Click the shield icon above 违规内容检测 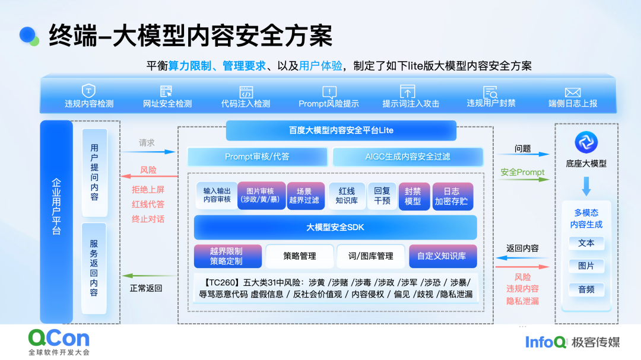(88, 90)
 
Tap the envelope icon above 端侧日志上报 (572, 93)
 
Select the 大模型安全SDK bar (335, 227)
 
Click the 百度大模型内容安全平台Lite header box (341, 130)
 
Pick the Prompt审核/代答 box (257, 157)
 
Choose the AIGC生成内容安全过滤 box (408, 157)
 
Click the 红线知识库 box (347, 196)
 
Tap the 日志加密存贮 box (451, 196)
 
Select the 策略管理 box (300, 256)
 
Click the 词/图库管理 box (371, 256)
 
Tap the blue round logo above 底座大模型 (586, 142)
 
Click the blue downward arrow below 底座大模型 (586, 186)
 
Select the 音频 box (586, 289)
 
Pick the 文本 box (586, 243)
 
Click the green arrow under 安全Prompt (523, 179)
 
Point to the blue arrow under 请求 (148, 152)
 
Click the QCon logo (59, 342)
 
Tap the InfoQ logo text (546, 342)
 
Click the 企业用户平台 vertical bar (56, 221)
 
